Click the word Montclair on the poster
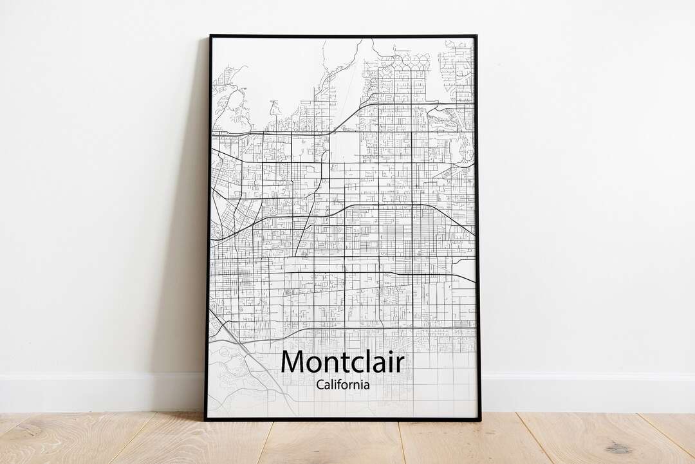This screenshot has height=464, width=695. coord(342,362)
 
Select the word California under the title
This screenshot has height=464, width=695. coord(342,385)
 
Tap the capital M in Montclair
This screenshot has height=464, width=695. coord(293,362)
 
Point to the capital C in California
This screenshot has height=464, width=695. coord(320,385)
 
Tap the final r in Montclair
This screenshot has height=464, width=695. coord(400,365)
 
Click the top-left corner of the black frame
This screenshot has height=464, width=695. coord(210,36)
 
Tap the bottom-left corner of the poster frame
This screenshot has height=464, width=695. coord(206,420)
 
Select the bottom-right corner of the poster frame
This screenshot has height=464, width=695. coord(479,420)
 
